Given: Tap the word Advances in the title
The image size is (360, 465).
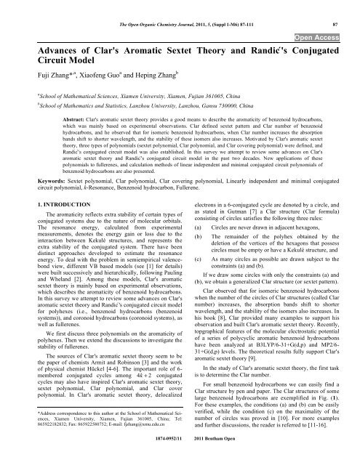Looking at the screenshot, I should click(45, 52).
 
